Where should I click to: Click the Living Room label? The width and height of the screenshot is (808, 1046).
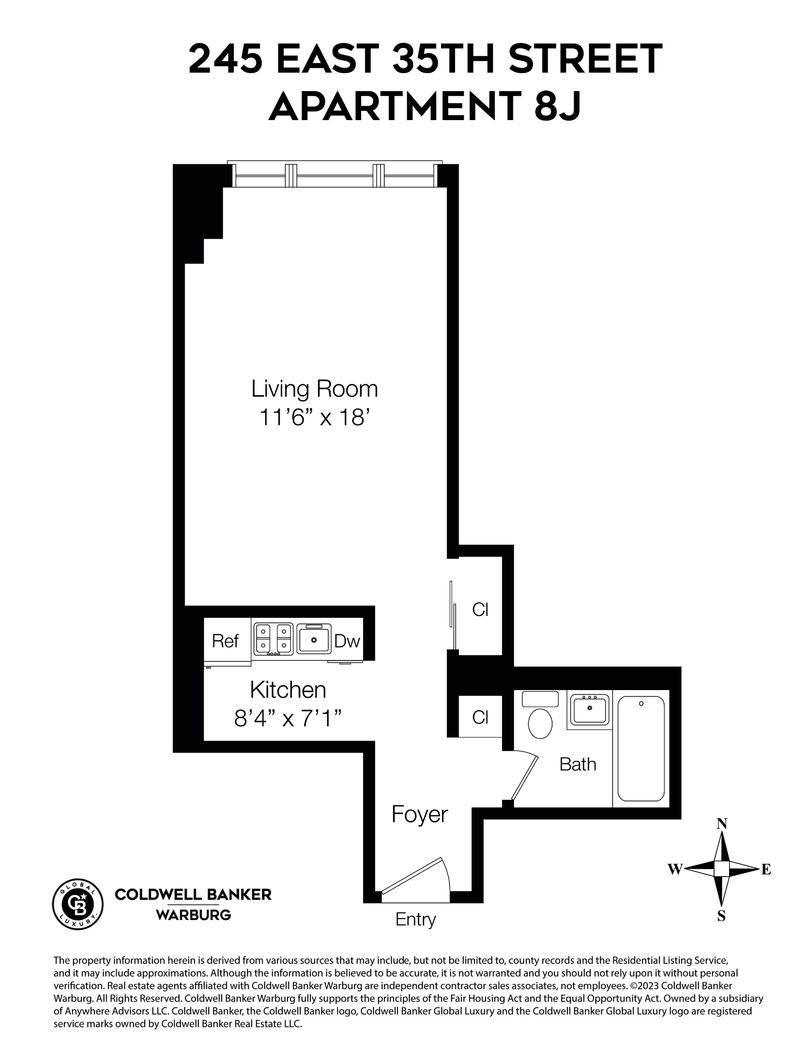[x=314, y=389]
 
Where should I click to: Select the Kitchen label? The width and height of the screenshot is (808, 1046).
[x=288, y=690]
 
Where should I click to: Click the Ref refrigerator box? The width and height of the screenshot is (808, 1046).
[x=226, y=641]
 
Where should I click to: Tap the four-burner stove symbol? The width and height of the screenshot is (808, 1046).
[x=273, y=639]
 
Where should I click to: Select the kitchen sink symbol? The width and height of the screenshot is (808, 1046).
[x=314, y=639]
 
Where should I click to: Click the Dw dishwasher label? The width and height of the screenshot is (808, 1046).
[x=347, y=642]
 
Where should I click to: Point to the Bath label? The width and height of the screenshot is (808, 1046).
[x=578, y=765]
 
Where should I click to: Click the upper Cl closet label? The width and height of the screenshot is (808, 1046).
[x=480, y=610]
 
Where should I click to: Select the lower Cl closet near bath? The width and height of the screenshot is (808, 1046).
[x=480, y=717]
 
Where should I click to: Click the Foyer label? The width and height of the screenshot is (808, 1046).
[x=419, y=815]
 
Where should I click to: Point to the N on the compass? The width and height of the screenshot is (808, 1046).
[x=722, y=824]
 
